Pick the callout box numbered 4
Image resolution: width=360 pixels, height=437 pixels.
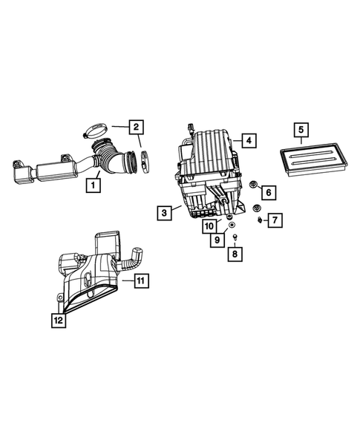click(x=248, y=139)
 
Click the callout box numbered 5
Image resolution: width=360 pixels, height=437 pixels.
click(x=301, y=131)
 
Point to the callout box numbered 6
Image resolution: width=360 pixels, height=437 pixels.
click(x=268, y=192)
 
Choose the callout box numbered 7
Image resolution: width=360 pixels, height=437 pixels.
click(x=274, y=220)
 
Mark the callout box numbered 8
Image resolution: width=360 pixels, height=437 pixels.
click(x=235, y=254)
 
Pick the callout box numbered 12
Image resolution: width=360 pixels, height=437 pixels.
click(x=57, y=320)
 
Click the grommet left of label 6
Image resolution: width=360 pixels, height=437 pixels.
click(x=252, y=185)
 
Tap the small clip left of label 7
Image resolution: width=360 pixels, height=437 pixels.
click(x=260, y=220)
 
